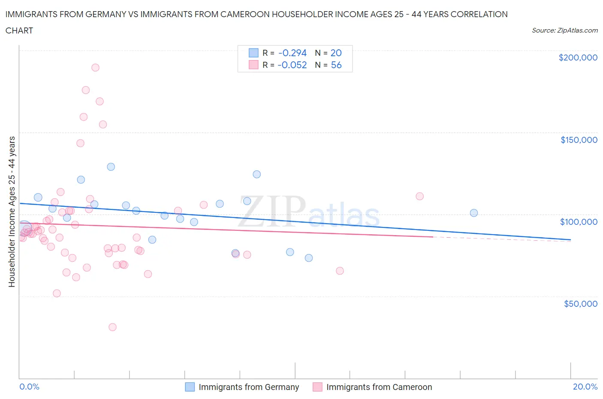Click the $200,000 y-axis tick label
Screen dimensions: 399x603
click(578, 57)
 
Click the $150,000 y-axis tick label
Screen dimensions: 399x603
click(579, 140)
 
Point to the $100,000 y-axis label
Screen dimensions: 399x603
click(579, 222)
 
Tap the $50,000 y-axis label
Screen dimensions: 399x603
click(580, 304)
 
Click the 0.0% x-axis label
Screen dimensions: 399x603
click(29, 387)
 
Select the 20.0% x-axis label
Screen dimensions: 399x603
click(585, 387)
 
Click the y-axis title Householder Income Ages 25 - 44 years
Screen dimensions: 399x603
click(12, 212)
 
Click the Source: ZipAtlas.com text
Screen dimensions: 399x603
click(564, 30)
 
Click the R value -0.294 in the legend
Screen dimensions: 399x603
click(292, 53)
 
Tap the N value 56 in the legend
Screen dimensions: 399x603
click(336, 65)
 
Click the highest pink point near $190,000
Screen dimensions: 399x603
click(95, 67)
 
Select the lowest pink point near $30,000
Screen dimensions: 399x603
click(112, 327)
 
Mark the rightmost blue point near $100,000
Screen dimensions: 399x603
click(474, 213)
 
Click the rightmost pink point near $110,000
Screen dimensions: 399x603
click(419, 196)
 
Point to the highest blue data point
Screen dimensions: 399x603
click(111, 167)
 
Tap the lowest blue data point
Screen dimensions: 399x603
click(309, 258)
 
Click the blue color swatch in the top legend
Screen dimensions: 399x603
click(253, 53)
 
